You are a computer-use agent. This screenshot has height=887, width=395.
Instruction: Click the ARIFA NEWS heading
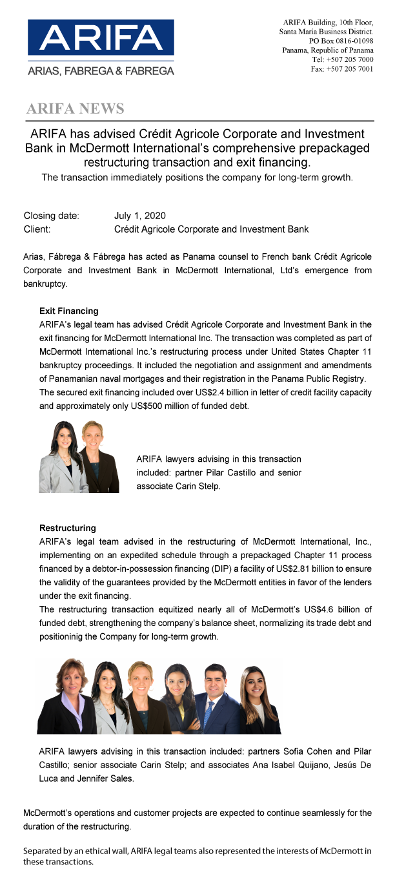(75, 109)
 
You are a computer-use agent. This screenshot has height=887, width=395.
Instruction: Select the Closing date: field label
(51, 216)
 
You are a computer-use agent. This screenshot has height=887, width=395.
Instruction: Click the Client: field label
(37, 229)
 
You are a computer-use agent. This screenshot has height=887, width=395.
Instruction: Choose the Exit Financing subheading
(68, 311)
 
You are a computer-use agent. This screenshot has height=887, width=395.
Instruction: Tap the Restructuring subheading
(67, 528)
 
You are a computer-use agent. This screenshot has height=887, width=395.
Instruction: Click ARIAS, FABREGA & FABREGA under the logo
(100, 71)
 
